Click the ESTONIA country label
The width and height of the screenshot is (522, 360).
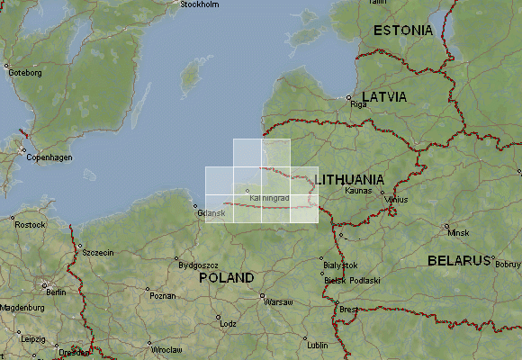(x=403, y=30)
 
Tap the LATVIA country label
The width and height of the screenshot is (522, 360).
(x=383, y=95)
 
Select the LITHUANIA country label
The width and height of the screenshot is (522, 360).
(x=349, y=179)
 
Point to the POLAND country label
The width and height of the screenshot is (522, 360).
(x=227, y=278)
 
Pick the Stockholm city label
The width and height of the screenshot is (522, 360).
(x=199, y=4)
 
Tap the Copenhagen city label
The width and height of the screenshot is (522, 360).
(x=48, y=157)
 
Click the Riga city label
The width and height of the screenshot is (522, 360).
(x=360, y=104)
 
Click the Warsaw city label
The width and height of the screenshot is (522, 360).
(x=277, y=302)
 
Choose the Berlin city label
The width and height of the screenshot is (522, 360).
(x=56, y=292)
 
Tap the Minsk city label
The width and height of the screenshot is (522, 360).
(x=459, y=232)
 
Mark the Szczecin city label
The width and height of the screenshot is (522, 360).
(x=97, y=253)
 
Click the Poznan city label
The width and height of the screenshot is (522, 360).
(x=162, y=295)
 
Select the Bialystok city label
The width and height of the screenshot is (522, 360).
(x=340, y=265)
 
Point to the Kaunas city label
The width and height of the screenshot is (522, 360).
(x=357, y=192)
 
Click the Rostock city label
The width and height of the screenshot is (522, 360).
(x=30, y=224)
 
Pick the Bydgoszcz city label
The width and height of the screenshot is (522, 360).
(x=199, y=265)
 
